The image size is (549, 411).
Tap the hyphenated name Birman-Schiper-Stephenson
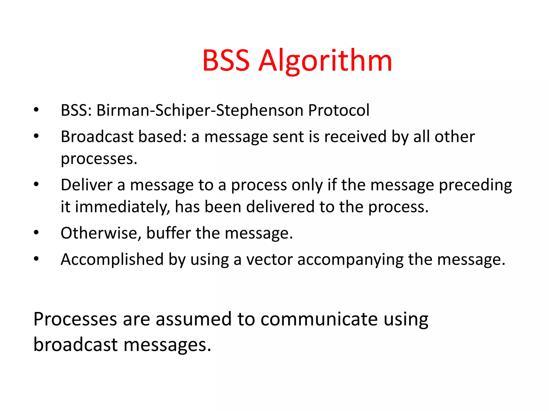click(200, 110)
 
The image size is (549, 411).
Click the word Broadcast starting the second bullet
click(97, 137)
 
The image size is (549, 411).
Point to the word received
click(355, 137)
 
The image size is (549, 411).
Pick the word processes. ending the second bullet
click(99, 159)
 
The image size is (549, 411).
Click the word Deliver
click(87, 185)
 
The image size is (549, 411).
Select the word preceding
click(475, 185)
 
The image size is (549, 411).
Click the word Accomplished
click(112, 260)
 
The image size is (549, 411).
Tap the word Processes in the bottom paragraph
click(75, 319)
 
